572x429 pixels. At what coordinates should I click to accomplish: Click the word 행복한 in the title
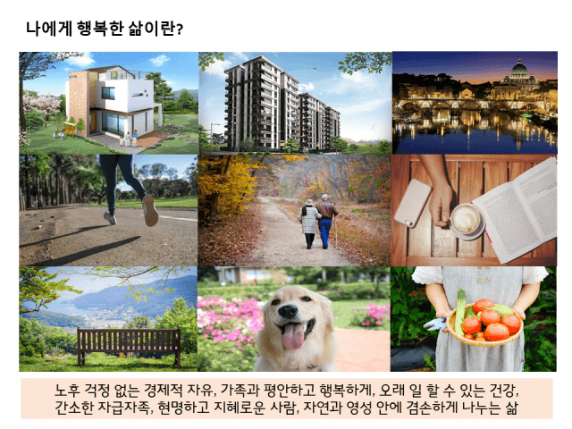click(100, 28)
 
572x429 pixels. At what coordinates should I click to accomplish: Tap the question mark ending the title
click(179, 29)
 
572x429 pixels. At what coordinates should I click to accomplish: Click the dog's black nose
click(288, 311)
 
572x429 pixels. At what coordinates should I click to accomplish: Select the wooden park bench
click(129, 345)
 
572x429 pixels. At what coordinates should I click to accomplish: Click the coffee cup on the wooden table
click(466, 220)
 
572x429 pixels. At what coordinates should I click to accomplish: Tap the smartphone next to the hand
click(413, 203)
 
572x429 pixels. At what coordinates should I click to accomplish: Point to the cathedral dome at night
click(519, 69)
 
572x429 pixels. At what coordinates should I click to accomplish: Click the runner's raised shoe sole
click(150, 211)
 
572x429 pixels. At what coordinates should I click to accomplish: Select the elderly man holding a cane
click(326, 221)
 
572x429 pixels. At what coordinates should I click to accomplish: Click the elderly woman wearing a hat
click(309, 223)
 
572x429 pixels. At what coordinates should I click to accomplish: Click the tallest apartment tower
click(253, 103)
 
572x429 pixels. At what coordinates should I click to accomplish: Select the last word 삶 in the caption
click(511, 408)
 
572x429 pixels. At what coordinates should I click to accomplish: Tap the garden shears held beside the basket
click(437, 324)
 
